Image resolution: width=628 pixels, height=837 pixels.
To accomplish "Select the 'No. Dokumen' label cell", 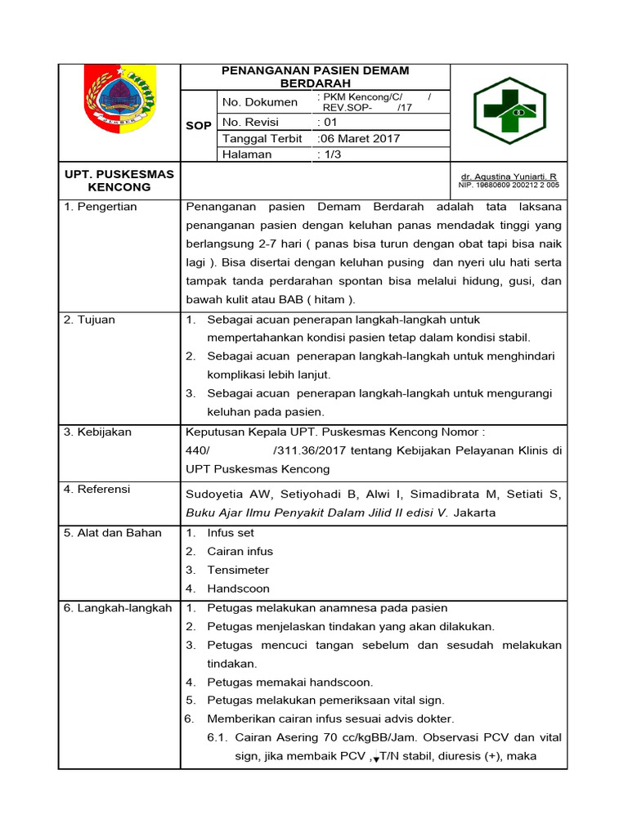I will point(259,102).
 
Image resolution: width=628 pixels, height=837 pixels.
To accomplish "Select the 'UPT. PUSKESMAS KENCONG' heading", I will point(119,181).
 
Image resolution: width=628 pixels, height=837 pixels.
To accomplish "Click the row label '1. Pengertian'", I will point(101,207).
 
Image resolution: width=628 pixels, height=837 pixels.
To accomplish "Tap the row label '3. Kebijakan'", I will point(97,432).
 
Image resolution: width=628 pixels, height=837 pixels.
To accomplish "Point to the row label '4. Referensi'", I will point(97,489).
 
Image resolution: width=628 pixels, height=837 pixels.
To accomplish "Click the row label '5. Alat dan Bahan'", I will point(113,533).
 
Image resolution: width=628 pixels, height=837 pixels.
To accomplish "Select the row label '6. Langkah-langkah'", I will point(118,608).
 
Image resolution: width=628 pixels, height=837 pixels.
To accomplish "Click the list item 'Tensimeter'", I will point(238,570).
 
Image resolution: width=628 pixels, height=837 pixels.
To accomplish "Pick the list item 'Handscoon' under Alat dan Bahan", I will point(238,589).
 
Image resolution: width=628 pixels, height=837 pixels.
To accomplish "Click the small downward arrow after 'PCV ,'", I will point(375,759).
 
